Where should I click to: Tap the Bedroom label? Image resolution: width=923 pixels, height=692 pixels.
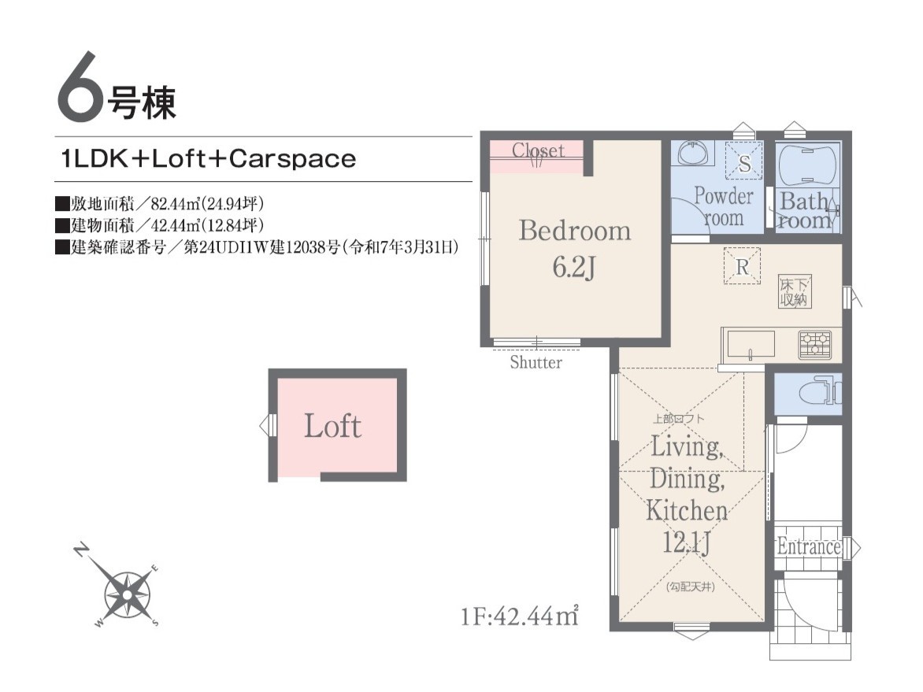click(x=575, y=230)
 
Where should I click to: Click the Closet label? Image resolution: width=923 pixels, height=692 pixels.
click(x=538, y=150)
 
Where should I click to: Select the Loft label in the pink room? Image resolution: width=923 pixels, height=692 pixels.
click(x=332, y=426)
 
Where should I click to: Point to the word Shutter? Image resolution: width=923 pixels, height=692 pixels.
click(x=536, y=362)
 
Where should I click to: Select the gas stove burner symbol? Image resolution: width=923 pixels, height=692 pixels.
click(x=814, y=345)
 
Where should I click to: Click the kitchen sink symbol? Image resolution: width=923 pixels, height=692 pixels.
click(x=751, y=345)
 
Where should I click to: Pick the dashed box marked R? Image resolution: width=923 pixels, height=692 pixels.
click(x=742, y=267)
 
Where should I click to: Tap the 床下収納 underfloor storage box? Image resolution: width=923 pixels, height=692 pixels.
click(x=794, y=291)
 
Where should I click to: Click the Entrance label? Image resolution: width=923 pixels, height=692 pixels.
click(x=808, y=546)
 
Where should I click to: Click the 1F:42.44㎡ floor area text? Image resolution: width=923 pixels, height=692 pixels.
click(x=519, y=616)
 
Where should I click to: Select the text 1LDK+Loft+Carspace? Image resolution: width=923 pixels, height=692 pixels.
click(x=209, y=159)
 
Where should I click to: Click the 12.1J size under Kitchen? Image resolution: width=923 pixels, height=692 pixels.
click(x=687, y=542)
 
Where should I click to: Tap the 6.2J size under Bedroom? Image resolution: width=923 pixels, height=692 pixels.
click(x=574, y=267)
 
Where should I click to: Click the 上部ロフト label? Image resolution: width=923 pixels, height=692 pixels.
click(x=678, y=419)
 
